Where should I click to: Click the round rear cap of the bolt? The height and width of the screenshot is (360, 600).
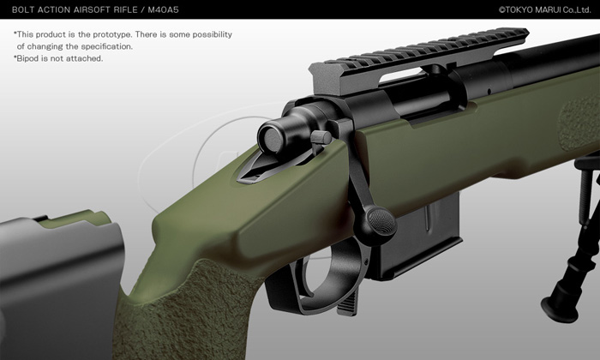click(272, 138)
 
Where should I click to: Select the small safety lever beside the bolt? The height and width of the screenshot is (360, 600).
click(321, 137)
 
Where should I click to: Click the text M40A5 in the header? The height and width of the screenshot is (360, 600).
click(163, 10)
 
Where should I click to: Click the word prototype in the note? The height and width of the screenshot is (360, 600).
click(111, 34)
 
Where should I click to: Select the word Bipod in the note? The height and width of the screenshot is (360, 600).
click(28, 58)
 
